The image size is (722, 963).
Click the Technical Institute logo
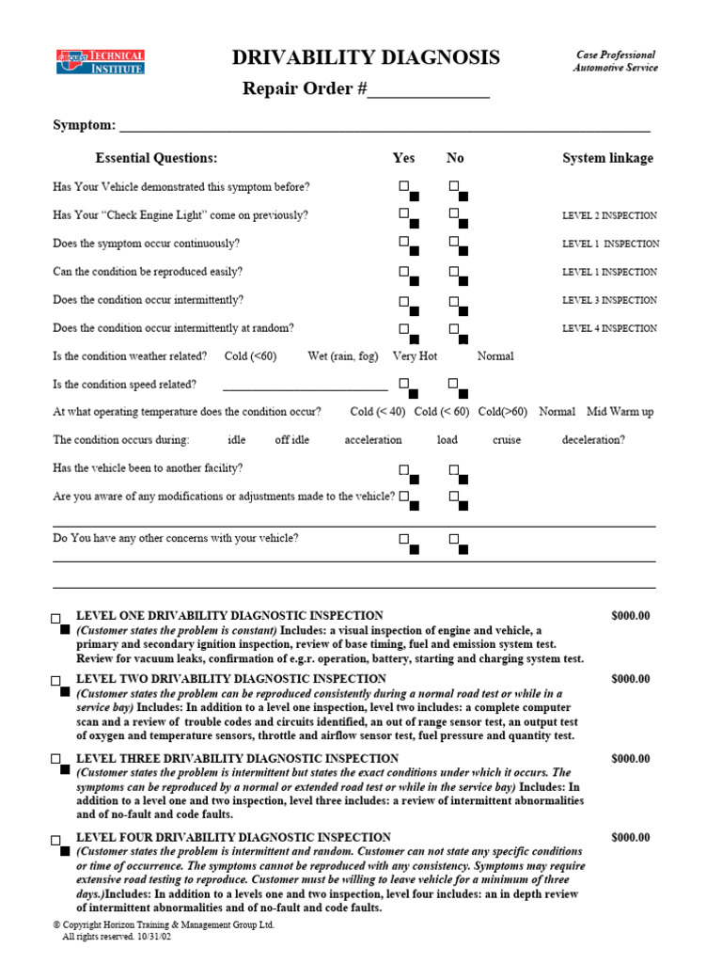tap(99, 63)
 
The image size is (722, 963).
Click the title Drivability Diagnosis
tap(366, 58)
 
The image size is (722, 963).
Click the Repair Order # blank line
tap(428, 91)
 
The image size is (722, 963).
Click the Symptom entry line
tap(385, 127)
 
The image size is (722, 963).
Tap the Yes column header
tap(403, 158)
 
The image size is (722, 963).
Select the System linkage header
tap(607, 158)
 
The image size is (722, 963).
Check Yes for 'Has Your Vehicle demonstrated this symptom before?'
tap(404, 186)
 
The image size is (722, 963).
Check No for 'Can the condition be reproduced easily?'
tap(454, 272)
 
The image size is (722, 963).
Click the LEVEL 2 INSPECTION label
tap(609, 215)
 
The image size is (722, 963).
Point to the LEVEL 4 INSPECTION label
tap(609, 328)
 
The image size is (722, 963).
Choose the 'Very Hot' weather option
tap(415, 356)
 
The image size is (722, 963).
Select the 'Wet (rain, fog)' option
tap(342, 356)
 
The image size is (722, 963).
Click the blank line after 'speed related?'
tap(305, 385)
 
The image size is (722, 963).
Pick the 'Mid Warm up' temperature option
tap(620, 412)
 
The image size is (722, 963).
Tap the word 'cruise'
tap(506, 439)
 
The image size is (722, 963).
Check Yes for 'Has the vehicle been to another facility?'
tap(404, 468)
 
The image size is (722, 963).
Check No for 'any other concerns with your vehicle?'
tap(454, 539)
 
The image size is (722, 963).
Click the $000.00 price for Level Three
tap(630, 758)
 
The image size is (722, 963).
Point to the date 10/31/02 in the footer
tap(153, 937)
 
